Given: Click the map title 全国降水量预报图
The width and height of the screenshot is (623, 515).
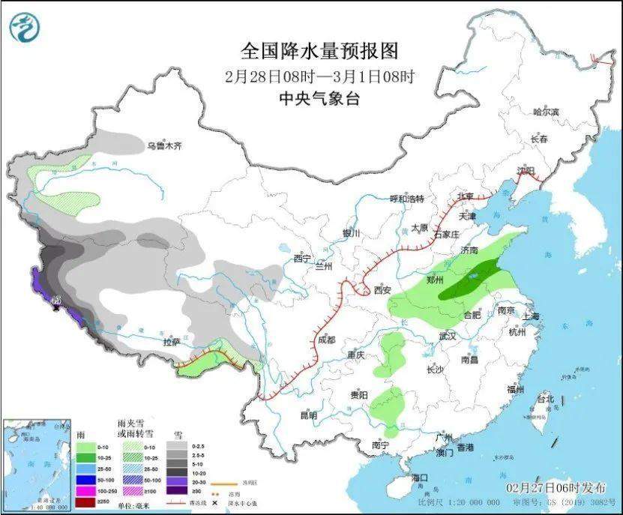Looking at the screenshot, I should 319,51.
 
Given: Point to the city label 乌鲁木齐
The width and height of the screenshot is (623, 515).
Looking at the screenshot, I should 163,145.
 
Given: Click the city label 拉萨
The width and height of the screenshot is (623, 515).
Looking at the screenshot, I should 172,342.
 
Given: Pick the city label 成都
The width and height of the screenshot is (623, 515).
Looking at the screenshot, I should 326,339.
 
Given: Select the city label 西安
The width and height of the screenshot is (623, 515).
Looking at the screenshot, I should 382,290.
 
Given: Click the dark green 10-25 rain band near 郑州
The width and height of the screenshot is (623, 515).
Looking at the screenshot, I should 471,279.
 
